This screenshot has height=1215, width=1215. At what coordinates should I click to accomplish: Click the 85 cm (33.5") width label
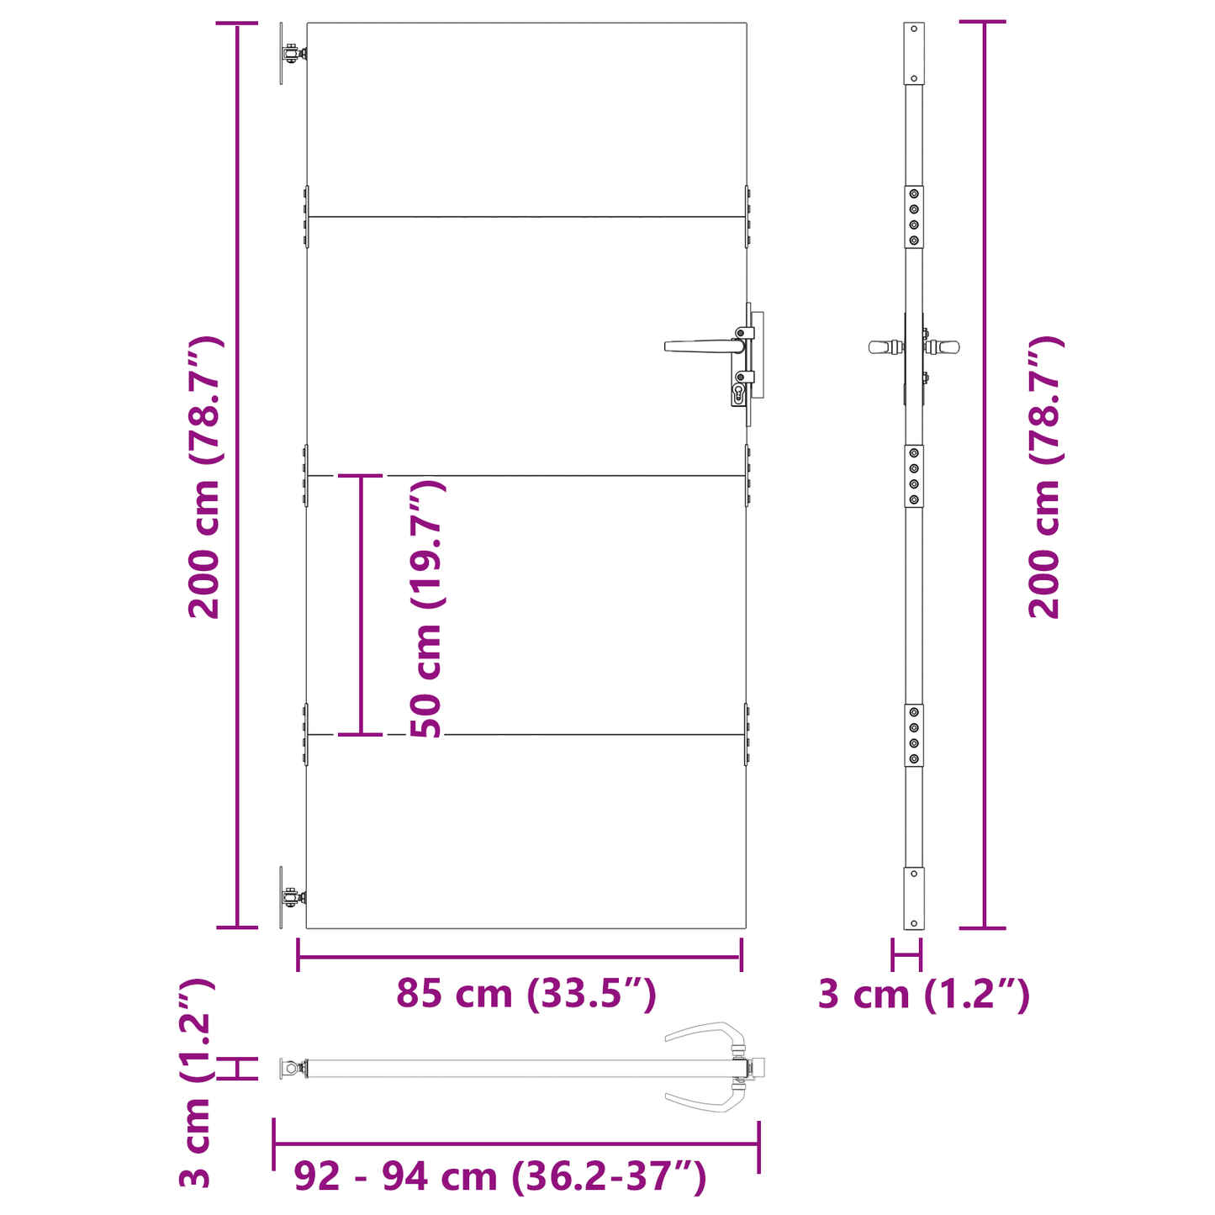[526, 994]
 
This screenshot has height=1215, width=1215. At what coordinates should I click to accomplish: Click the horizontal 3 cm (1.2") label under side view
[923, 995]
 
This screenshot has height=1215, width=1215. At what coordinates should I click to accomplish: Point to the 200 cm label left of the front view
[204, 477]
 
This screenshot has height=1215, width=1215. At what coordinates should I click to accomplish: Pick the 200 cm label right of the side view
[1045, 477]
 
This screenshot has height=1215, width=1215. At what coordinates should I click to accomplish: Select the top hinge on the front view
[291, 54]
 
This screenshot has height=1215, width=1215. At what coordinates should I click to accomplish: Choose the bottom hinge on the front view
[291, 897]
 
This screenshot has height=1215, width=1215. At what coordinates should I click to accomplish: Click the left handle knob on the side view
[880, 346]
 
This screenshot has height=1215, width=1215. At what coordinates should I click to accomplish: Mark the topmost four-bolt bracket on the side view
[913, 217]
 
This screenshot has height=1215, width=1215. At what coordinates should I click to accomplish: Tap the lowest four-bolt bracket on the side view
[913, 735]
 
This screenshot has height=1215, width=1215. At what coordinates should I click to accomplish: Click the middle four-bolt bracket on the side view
[913, 476]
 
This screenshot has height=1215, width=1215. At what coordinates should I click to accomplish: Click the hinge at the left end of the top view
[291, 1069]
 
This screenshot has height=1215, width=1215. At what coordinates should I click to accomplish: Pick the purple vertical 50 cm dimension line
[362, 605]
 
